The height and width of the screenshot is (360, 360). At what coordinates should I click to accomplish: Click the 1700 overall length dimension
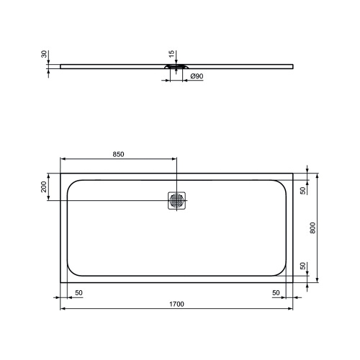(x=176, y=304)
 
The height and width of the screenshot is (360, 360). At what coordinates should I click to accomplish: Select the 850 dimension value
(x=118, y=154)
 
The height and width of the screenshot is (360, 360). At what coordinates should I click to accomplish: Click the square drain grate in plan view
(x=177, y=201)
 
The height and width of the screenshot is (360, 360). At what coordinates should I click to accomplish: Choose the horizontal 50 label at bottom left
(x=78, y=292)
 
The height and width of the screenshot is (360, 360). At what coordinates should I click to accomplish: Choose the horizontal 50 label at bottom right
(x=275, y=292)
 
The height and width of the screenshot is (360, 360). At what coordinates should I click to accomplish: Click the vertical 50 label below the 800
(x=303, y=266)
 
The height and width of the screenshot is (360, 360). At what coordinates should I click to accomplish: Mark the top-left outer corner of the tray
(x=60, y=173)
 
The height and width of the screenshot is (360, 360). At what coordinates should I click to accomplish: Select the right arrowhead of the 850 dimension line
(x=174, y=160)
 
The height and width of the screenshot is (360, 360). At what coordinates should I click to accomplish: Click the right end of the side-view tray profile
(x=293, y=66)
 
